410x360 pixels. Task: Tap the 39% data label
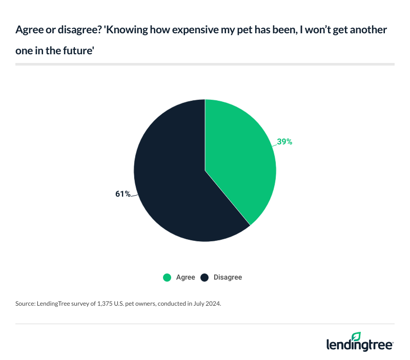[284, 142]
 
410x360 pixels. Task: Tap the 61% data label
[123, 194]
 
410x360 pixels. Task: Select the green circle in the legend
[167, 278]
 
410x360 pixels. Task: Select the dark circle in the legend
[204, 278]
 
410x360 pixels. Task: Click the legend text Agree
[186, 278]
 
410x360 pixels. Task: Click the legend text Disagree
[228, 278]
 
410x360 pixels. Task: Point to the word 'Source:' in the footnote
[26, 304]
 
